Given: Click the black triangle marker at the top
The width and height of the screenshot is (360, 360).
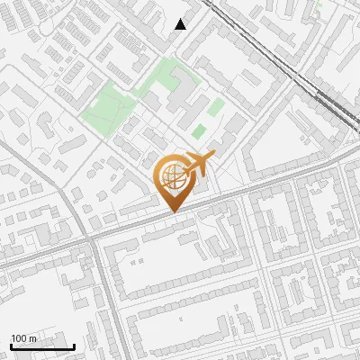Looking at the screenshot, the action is [181, 24].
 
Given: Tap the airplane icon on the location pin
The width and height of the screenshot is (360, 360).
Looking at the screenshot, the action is [199, 165].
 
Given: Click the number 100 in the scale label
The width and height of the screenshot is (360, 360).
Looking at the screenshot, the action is [19, 338].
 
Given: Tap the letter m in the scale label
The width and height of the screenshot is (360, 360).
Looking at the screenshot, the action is [32, 338].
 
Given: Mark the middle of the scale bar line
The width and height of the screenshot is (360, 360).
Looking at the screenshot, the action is [42, 347].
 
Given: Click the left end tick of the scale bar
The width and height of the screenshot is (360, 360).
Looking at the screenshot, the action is [11, 346].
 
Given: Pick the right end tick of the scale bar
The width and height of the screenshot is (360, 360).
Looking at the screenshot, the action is [74, 346].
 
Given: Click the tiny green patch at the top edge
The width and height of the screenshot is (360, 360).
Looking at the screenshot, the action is [319, 4].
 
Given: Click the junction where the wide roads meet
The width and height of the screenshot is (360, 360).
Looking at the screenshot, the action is [94, 241].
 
